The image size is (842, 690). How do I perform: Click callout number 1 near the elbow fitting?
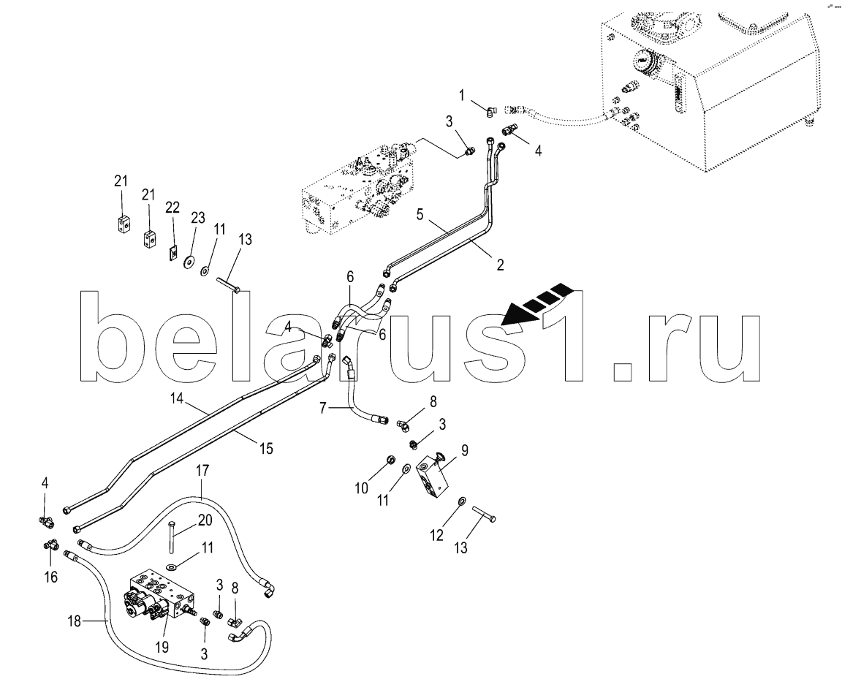coord(461,94)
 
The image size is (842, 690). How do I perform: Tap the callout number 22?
coord(172,208)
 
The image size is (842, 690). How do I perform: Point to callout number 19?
coord(162,647)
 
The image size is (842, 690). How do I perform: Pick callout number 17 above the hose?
coord(202,471)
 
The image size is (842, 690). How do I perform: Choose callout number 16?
coord(50,577)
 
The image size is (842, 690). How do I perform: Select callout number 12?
coord(436,535)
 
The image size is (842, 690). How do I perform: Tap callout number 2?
coord(500,265)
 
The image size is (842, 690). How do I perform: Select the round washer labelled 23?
coord(189,262)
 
